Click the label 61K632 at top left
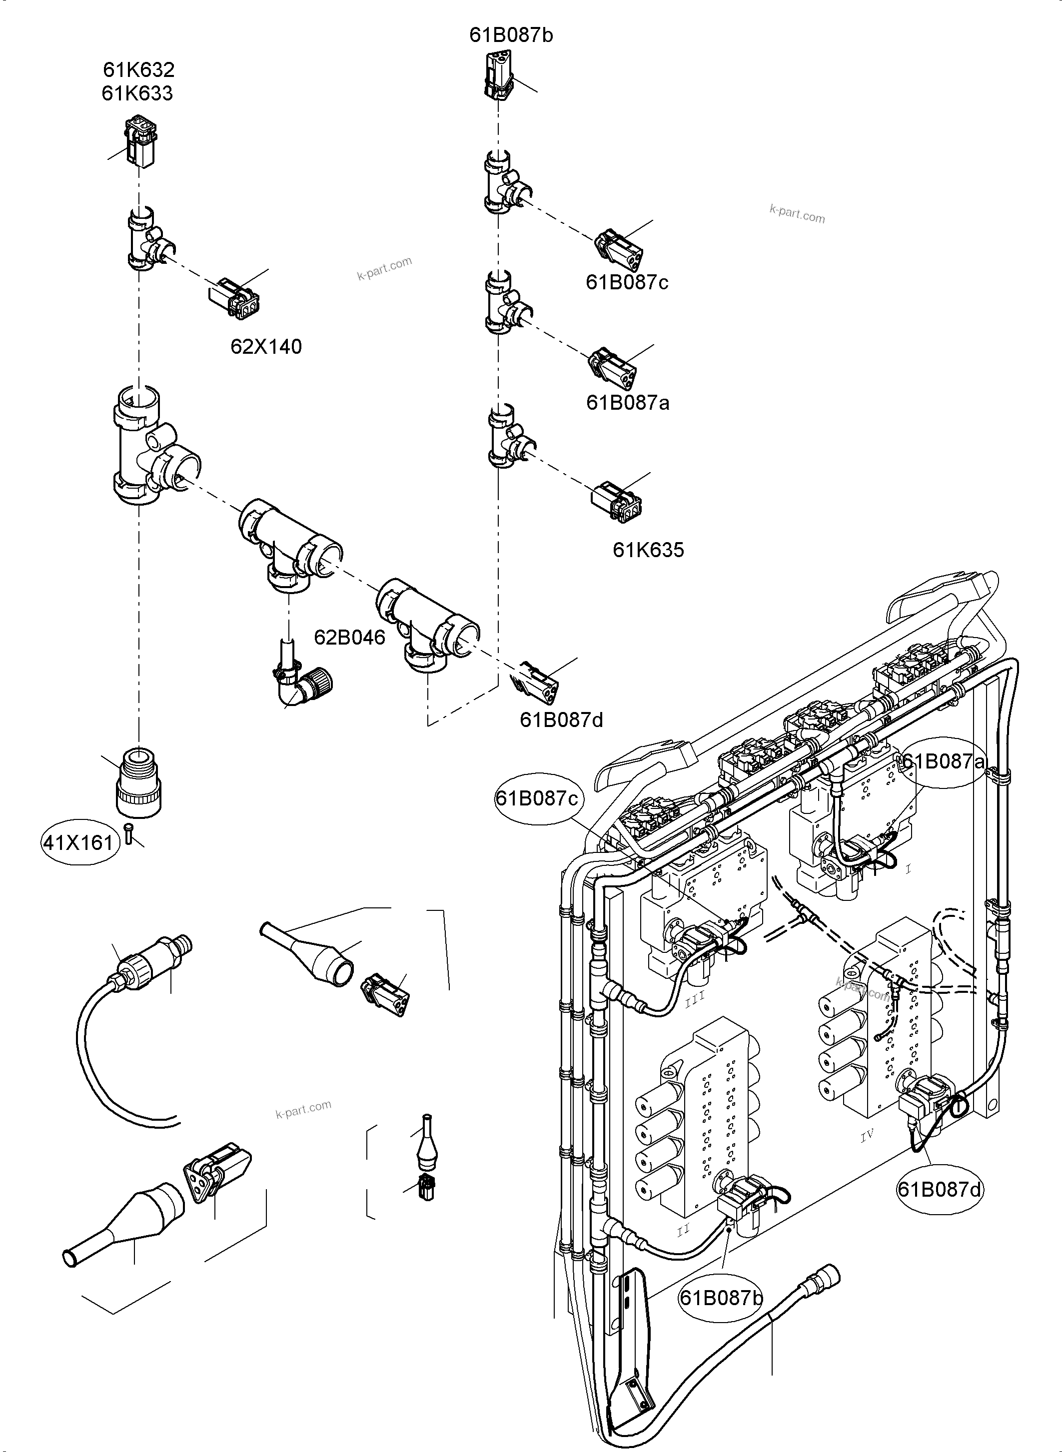tap(139, 69)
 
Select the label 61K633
tap(137, 93)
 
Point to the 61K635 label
tap(648, 550)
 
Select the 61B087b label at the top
tap(511, 35)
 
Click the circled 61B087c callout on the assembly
tap(537, 798)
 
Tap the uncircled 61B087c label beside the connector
tap(627, 282)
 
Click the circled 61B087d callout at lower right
tap(940, 1190)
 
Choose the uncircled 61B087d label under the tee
tap(561, 720)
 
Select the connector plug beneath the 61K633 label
tap(139, 141)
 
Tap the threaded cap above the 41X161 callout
tap(138, 783)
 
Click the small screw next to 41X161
tap(128, 835)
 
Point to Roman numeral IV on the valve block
tap(867, 1136)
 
